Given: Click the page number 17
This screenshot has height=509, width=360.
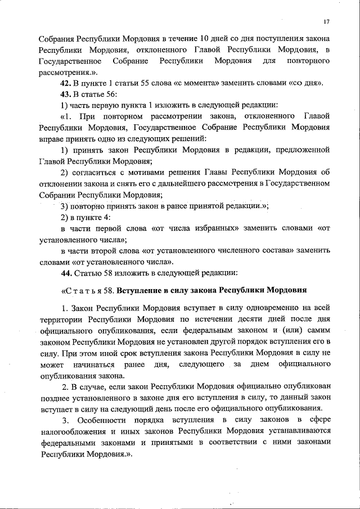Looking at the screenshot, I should coord(326,22).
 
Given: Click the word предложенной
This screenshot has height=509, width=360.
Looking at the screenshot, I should coord(302,150).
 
